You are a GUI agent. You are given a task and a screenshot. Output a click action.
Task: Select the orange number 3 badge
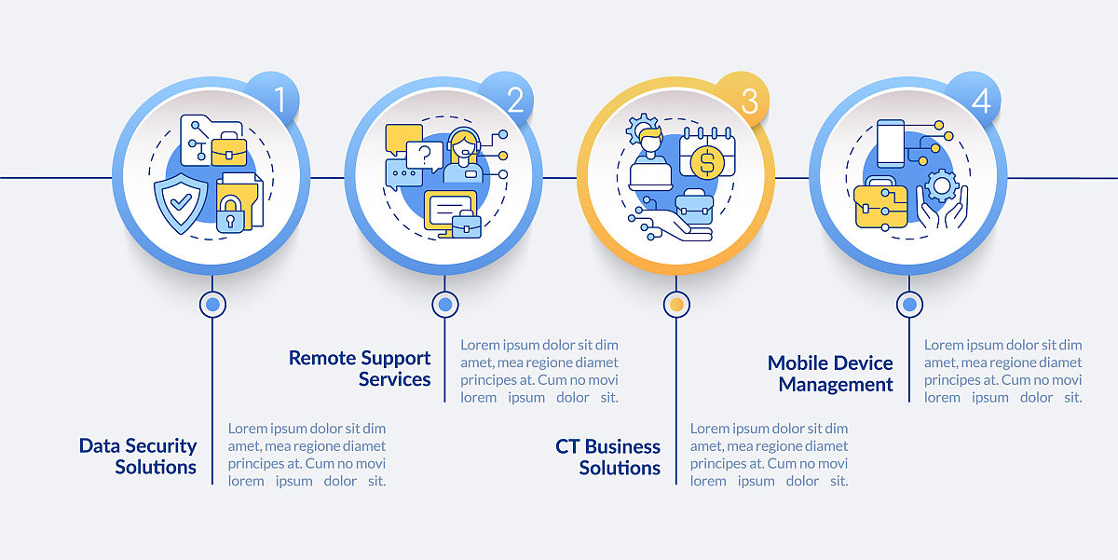[x=743, y=99]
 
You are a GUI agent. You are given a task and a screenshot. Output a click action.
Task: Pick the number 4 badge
[x=975, y=99]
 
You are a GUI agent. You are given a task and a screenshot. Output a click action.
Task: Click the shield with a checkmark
[x=181, y=203]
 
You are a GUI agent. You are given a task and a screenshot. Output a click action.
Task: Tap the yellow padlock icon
[x=230, y=213]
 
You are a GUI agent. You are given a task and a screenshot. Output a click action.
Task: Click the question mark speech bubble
[x=424, y=156]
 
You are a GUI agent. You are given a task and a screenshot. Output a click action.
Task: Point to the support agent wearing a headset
[x=463, y=155]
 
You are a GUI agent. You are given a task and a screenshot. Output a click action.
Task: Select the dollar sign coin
[x=707, y=162]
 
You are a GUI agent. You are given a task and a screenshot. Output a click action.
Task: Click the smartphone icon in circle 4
[x=891, y=143]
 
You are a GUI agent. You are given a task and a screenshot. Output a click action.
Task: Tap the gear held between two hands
[x=942, y=185]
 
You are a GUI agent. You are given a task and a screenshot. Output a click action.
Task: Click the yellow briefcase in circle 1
[x=229, y=149]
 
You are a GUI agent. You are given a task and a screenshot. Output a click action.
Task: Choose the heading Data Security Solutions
[x=138, y=457]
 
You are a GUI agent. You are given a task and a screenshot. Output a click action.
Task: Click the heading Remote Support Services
[x=360, y=368]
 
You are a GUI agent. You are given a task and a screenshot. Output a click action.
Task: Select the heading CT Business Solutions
[x=607, y=458]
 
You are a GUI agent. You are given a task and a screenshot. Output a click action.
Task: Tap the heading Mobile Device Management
[x=830, y=374]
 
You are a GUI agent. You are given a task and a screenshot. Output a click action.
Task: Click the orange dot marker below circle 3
[x=676, y=304]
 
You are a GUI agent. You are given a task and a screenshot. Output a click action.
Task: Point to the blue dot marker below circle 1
[x=212, y=304]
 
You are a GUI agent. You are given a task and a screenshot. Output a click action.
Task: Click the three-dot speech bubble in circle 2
[x=403, y=174]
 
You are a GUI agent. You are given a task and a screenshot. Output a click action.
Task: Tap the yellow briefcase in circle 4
[x=880, y=205]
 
